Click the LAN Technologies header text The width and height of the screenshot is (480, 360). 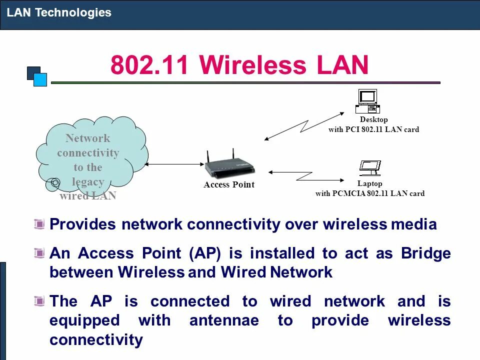pos(59,12)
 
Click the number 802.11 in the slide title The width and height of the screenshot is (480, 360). pos(150,66)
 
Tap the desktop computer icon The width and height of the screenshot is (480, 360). pos(367,101)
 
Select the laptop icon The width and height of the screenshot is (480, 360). pos(370,168)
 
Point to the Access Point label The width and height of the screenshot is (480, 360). pos(229,185)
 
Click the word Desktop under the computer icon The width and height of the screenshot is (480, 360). pos(373,120)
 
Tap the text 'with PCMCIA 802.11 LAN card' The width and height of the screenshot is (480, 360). pos(369,193)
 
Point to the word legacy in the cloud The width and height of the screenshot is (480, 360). pos(88,181)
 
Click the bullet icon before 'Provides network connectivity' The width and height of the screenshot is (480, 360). pos(39,224)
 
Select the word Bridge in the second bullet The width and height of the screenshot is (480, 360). pos(425,253)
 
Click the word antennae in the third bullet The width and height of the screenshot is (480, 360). pos(224,320)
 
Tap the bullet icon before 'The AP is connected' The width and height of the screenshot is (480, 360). pos(39,301)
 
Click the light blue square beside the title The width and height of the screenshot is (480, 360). pos(40,79)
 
